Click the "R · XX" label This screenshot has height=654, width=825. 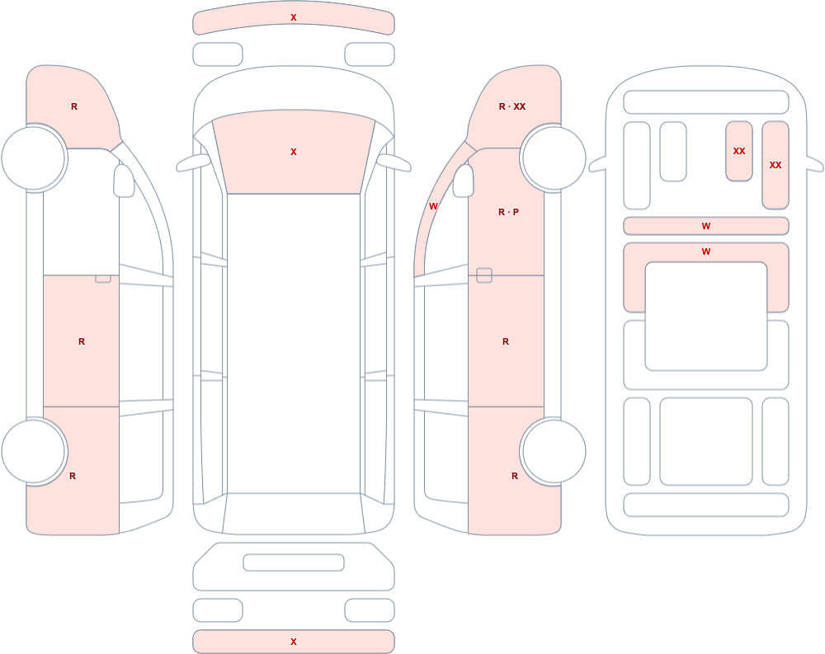(512, 106)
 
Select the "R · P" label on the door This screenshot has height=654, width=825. (508, 212)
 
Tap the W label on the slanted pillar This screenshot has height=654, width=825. (433, 206)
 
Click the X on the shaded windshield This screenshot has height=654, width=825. (294, 152)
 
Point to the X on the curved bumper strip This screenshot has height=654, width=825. (294, 17)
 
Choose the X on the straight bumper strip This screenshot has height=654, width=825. (294, 642)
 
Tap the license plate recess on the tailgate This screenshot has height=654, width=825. (294, 562)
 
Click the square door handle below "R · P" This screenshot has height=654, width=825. (484, 275)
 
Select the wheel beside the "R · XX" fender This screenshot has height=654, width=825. (554, 158)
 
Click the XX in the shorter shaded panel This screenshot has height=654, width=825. (739, 151)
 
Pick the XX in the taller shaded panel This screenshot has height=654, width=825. (775, 165)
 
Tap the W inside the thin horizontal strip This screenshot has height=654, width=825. (706, 226)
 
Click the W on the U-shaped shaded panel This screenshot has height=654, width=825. (706, 252)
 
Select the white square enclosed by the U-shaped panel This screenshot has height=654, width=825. (706, 316)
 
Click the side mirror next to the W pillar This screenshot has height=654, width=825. (464, 181)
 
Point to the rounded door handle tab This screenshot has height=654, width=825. (103, 279)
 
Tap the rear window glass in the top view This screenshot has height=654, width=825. (294, 513)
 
